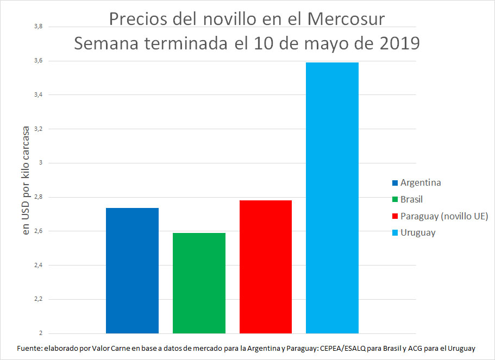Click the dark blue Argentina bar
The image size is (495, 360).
tap(132, 270)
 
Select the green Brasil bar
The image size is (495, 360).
tap(199, 283)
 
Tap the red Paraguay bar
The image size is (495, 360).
tap(266, 267)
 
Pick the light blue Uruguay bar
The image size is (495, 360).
tap(332, 198)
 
